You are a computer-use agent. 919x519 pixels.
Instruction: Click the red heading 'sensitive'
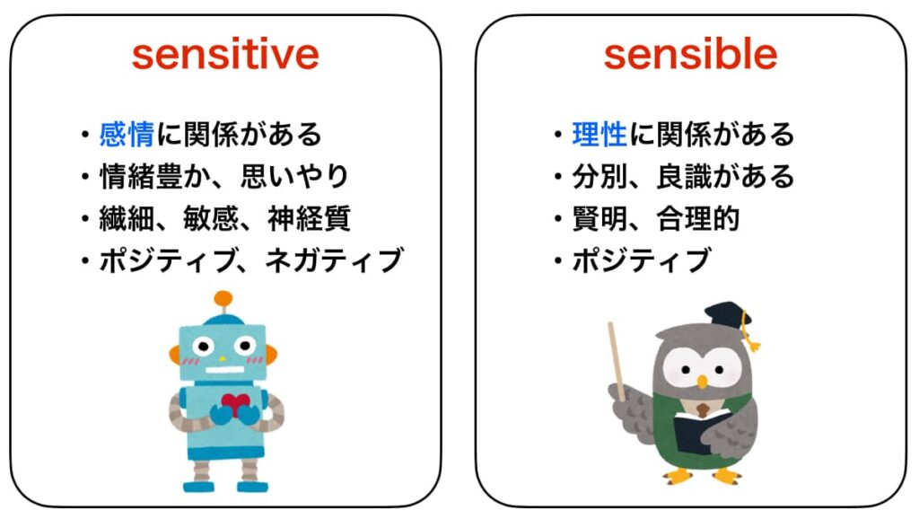[x=225, y=55]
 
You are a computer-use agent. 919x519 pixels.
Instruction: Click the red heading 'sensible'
[x=690, y=55]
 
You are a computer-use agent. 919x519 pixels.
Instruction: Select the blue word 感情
[x=127, y=136]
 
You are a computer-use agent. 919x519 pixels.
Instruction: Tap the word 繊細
[x=127, y=218]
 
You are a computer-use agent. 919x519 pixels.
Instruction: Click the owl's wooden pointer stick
[x=617, y=359]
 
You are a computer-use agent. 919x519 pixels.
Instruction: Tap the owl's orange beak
[x=702, y=383]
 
